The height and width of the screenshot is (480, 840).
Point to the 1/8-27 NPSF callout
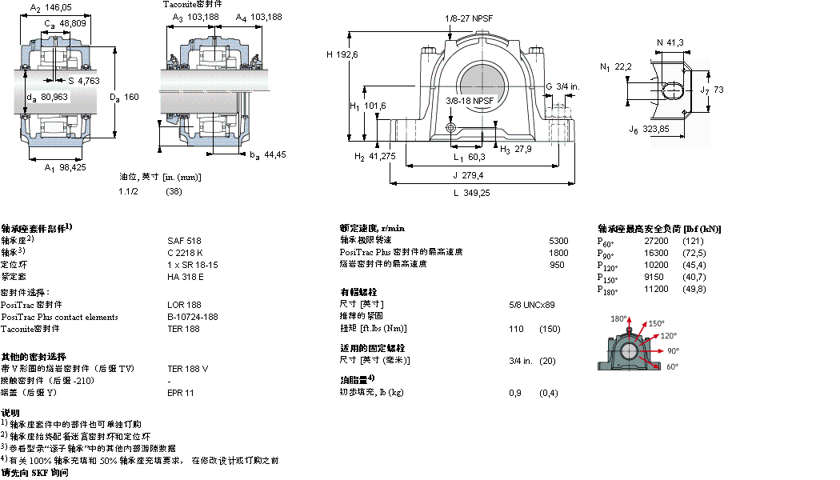pos(469,18)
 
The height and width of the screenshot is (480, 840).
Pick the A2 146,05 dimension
pos(51,6)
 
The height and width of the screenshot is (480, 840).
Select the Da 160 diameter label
pos(123,98)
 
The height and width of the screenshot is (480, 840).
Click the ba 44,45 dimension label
pos(268,154)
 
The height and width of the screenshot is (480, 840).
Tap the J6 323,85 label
pos(649,129)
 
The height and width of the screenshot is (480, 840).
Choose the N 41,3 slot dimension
pos(670,42)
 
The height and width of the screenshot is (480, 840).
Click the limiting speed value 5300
pos(558,240)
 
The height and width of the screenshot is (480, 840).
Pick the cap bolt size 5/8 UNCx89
pos(532,305)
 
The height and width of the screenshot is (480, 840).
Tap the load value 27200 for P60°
pos(657,241)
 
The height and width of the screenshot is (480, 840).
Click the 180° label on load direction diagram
pos(618,318)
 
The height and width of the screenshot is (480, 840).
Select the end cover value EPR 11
pos(180,393)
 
